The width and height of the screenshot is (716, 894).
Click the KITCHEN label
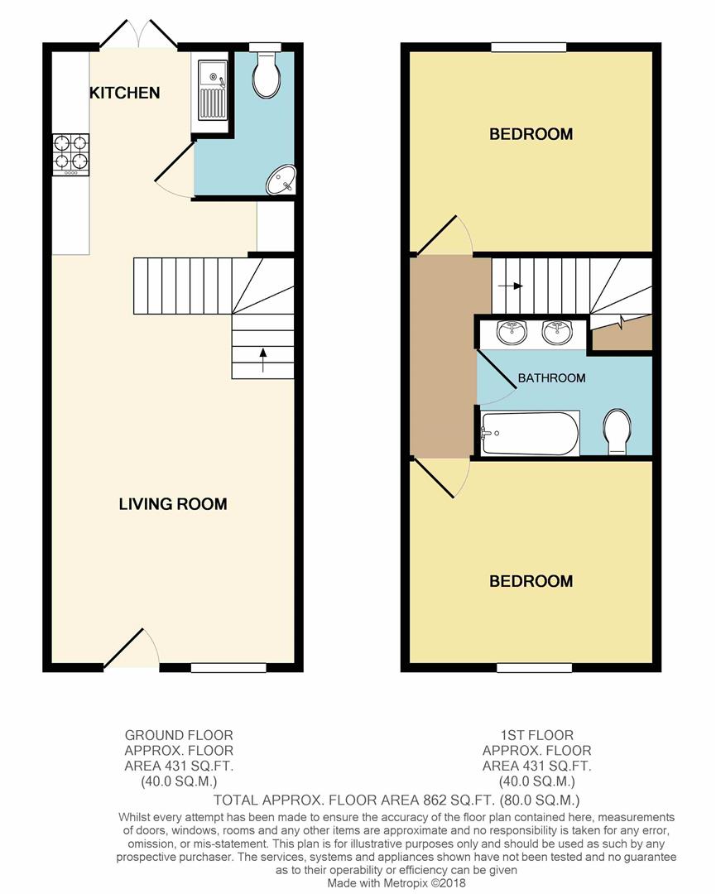coord(124,93)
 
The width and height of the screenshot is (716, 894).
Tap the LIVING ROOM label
coord(173,504)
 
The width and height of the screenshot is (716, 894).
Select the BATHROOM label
coord(551,378)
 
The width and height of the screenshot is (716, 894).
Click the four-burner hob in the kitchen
coord(71,155)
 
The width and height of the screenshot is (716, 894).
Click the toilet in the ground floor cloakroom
coord(267,74)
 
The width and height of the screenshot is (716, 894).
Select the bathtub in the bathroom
coord(530,433)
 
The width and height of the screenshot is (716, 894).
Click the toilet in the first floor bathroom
coord(617,431)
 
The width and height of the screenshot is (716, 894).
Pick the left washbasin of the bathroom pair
coord(512,333)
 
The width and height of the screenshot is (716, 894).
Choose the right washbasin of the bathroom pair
coord(557,333)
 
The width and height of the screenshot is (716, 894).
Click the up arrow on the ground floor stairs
coord(262,360)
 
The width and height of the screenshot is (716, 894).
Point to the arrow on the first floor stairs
coord(510,286)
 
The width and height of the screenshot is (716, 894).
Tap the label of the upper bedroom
coord(531,135)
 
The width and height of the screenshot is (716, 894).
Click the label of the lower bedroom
coord(531,582)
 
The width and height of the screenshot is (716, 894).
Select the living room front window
coord(228,667)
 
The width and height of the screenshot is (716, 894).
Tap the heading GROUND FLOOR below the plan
coord(179,736)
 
